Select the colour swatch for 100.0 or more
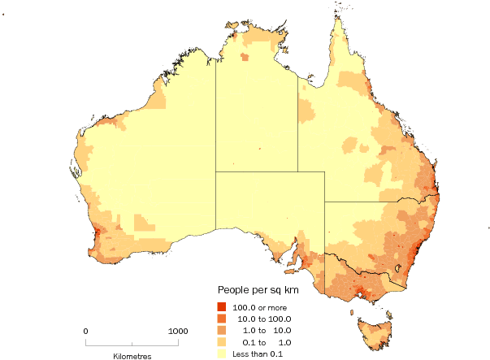(221, 306)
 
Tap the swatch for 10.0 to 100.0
(221, 319)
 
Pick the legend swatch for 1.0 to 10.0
(221, 330)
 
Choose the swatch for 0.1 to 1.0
(221, 342)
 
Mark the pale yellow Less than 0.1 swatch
(221, 353)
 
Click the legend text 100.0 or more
(260, 307)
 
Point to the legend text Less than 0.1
(258, 353)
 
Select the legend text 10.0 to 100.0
(263, 319)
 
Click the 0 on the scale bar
(86, 332)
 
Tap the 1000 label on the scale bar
(178, 332)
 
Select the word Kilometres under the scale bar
(132, 356)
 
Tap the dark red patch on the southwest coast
(97, 236)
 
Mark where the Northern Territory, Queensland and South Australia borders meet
(297, 171)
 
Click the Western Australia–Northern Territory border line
(215, 122)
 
